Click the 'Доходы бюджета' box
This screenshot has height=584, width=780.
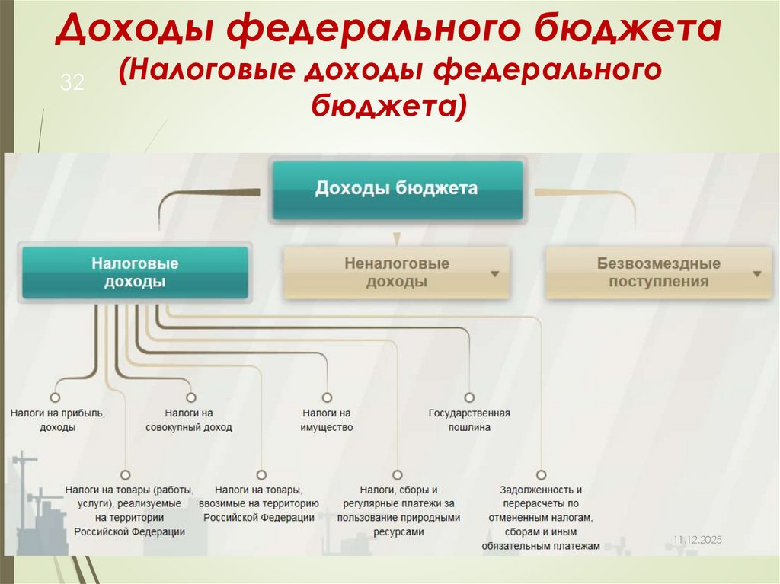[x=397, y=189]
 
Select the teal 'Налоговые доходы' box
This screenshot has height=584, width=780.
[x=135, y=272]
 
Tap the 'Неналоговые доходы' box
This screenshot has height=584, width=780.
[x=397, y=273]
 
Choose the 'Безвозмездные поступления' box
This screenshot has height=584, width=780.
[x=659, y=273]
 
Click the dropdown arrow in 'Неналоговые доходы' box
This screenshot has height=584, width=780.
[x=495, y=273]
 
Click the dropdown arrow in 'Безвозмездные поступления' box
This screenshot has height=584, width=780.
[x=757, y=273]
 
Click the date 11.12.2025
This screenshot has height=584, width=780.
[x=696, y=539]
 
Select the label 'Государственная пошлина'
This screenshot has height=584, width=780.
[x=469, y=420]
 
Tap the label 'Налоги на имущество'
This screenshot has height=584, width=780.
[x=327, y=420]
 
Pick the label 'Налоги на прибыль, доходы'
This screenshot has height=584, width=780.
[x=58, y=420]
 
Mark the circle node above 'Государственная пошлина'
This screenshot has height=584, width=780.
[x=469, y=397]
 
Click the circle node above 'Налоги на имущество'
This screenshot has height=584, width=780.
[x=327, y=397]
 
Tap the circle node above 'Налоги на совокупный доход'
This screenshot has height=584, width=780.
[x=190, y=397]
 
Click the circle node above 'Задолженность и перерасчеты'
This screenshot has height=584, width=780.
[x=541, y=474]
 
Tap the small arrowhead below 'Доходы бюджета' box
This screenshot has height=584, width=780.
[x=395, y=238]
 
